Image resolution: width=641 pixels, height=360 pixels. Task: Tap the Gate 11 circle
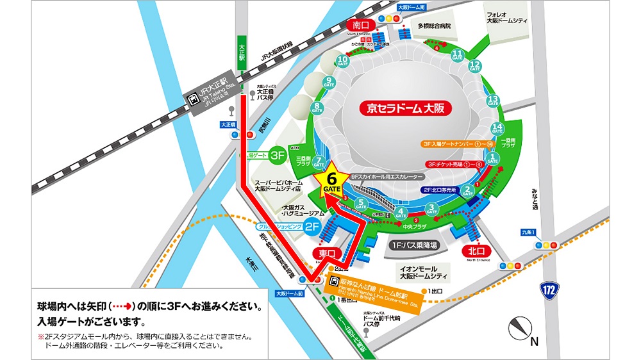click(458, 54)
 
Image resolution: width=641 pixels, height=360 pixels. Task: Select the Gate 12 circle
click(475, 65)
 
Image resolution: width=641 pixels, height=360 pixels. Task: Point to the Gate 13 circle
click(493, 101)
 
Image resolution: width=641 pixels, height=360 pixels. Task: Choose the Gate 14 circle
click(497, 129)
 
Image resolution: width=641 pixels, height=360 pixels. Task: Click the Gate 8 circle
click(317, 108)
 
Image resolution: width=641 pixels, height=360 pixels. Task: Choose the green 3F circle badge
click(278, 155)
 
